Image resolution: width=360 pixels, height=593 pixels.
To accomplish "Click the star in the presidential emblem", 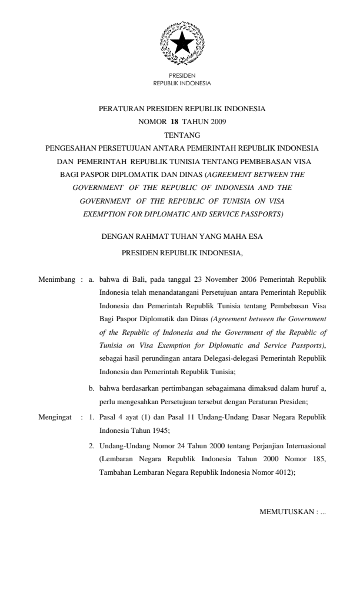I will pos(182,43).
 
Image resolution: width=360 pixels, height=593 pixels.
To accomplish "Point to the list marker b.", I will pos(92,389).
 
